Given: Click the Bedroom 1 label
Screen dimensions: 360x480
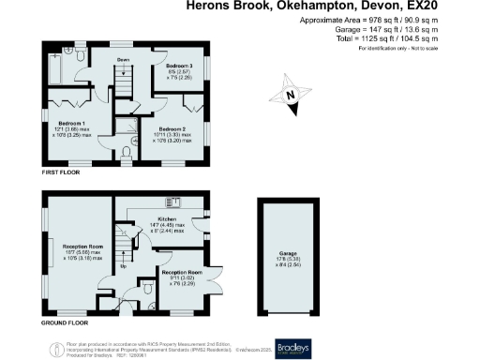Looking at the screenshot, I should tap(71, 123).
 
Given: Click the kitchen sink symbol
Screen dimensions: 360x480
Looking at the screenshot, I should tap(172, 202).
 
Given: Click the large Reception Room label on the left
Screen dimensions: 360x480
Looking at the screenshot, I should tap(71, 247).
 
